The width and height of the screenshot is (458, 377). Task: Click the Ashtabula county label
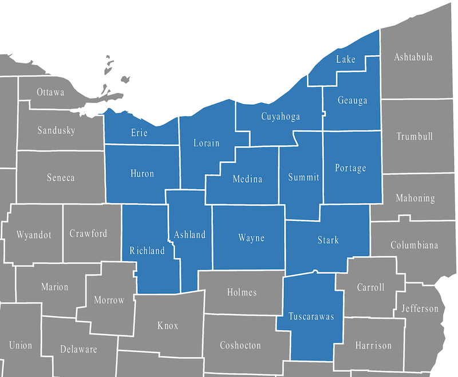(413, 57)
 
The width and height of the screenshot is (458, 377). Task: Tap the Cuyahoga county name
(281, 117)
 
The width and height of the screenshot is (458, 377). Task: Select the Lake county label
(346, 59)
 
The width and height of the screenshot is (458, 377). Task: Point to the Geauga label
(352, 101)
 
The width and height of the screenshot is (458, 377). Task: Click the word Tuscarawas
(311, 316)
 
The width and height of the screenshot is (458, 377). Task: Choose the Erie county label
(139, 133)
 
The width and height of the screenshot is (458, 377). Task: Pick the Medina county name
(247, 179)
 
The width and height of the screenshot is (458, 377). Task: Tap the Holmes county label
(242, 292)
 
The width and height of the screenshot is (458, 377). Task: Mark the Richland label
(147, 250)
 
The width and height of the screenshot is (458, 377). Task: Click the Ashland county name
(189, 235)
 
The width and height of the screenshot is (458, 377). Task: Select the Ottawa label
(50, 92)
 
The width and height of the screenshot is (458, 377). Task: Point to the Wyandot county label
(34, 235)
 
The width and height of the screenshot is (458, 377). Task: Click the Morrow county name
(109, 300)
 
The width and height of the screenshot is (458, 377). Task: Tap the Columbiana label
(414, 245)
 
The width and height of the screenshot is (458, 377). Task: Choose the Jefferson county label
(420, 308)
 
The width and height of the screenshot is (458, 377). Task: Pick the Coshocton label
(240, 345)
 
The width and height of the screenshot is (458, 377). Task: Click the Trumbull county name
(414, 136)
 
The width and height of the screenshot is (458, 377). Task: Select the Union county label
(21, 345)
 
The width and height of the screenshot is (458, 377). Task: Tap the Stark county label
(328, 240)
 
